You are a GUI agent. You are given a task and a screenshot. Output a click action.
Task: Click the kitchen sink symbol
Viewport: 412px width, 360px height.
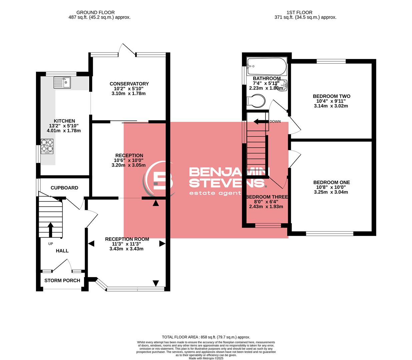pos(62,82)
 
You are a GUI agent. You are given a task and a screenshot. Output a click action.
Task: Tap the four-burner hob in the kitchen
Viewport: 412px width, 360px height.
pos(47,146)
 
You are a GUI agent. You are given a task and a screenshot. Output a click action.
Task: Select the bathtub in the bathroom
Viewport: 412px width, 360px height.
pos(267,66)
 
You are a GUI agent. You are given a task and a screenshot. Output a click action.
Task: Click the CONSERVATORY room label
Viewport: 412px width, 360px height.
pos(129,84)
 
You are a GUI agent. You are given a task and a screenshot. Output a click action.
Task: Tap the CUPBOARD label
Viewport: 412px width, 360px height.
pos(64,188)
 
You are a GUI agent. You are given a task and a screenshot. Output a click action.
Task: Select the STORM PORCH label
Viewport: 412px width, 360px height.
pos(62,280)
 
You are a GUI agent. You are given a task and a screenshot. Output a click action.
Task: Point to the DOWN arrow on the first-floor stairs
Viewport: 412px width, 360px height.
pos(261,122)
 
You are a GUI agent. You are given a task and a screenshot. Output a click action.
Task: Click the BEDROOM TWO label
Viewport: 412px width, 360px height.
pos(331,96)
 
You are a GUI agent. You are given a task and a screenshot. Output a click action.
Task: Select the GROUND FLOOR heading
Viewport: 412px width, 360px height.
pos(95,12)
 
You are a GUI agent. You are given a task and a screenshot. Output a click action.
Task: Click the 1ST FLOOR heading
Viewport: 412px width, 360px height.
pos(299,12)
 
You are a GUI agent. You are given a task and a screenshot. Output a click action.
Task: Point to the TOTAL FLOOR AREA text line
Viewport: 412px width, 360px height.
pos(206,337)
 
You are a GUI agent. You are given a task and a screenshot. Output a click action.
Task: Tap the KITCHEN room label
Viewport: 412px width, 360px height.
pos(64,121)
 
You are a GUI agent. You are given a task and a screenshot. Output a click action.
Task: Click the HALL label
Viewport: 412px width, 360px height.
pos(62,251)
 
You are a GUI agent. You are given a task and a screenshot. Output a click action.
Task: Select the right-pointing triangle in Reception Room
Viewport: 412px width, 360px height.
pos(162,244)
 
